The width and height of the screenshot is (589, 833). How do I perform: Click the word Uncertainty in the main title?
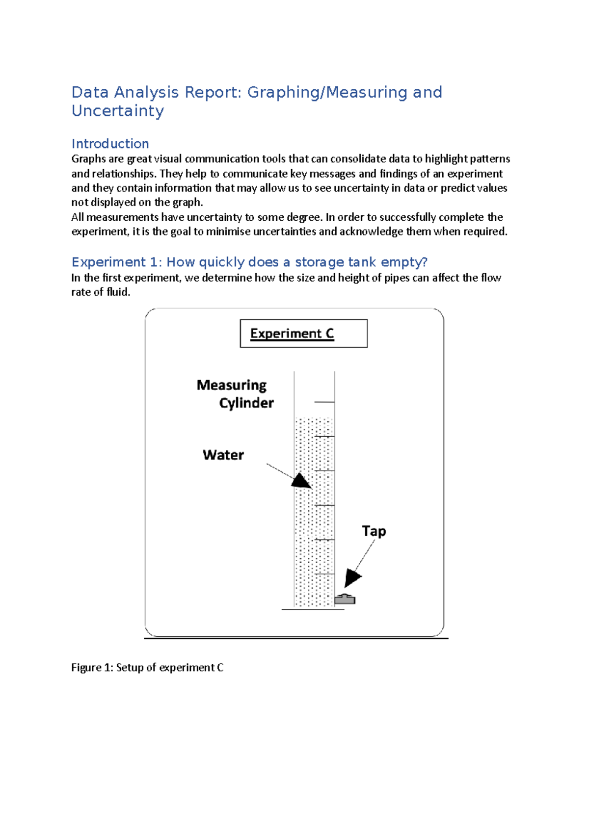pyautogui.click(x=118, y=111)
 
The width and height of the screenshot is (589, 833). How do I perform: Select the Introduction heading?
pyautogui.click(x=110, y=144)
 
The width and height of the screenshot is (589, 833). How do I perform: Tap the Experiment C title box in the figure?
pyautogui.click(x=303, y=334)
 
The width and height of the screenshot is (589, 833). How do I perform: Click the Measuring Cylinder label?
pyautogui.click(x=235, y=394)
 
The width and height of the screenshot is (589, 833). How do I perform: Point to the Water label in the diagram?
pyautogui.click(x=223, y=455)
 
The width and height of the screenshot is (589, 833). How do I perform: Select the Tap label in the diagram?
pyautogui.click(x=374, y=531)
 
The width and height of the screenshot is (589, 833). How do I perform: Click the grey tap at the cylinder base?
pyautogui.click(x=345, y=599)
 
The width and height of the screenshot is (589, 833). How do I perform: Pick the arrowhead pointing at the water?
pyautogui.click(x=301, y=481)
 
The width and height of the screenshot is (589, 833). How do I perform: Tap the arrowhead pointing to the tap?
pyautogui.click(x=352, y=577)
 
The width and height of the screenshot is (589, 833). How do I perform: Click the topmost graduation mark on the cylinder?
pyautogui.click(x=324, y=402)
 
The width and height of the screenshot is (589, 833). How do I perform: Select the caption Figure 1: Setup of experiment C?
pyautogui.click(x=147, y=668)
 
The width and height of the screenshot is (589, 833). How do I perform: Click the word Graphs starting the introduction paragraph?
pyautogui.click(x=88, y=159)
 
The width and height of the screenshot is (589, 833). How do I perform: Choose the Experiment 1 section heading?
pyautogui.click(x=249, y=262)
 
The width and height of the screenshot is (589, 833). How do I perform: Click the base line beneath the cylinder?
pyautogui.click(x=313, y=610)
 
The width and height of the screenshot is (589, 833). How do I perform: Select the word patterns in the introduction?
pyautogui.click(x=490, y=159)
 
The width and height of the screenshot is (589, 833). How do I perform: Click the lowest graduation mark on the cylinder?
pyautogui.click(x=324, y=574)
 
